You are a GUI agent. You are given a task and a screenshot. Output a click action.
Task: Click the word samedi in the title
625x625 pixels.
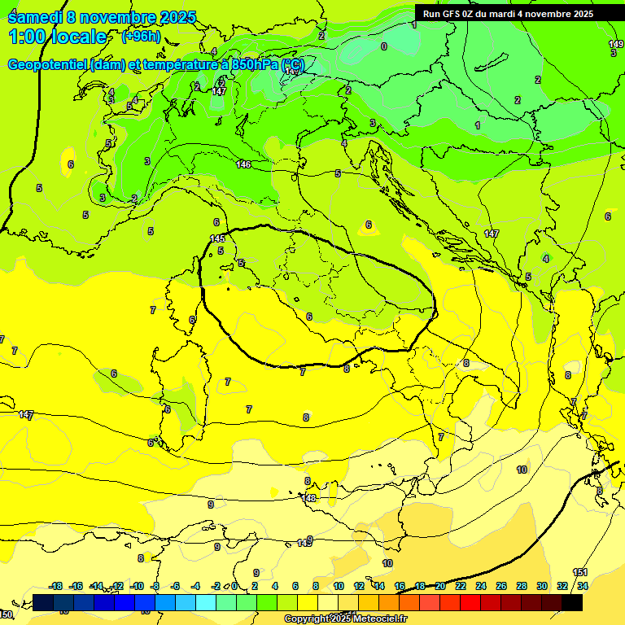point(34,17)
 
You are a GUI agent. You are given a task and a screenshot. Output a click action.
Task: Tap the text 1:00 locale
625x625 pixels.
point(58,37)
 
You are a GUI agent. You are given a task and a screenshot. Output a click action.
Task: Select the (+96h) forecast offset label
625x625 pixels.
point(141,37)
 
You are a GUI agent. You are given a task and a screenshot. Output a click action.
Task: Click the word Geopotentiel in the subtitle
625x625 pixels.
point(49,65)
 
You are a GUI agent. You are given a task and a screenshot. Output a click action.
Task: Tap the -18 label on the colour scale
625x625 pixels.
point(56,586)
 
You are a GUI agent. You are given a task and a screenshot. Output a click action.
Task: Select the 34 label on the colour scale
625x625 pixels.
point(583,586)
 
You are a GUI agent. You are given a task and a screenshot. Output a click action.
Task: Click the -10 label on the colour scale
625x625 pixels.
point(137,586)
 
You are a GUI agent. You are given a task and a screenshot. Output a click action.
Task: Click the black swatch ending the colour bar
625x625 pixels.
point(572,603)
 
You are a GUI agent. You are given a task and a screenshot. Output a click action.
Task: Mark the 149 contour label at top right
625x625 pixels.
point(616,44)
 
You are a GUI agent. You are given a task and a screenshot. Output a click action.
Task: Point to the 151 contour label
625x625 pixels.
point(580,573)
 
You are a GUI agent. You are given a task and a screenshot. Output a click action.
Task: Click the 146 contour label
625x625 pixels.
point(243,165)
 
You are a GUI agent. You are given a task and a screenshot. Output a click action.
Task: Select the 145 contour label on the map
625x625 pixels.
point(217,238)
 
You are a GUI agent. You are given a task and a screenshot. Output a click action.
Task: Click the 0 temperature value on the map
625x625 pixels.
point(384,46)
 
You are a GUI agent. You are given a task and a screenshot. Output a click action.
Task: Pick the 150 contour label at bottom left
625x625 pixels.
point(6,614)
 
